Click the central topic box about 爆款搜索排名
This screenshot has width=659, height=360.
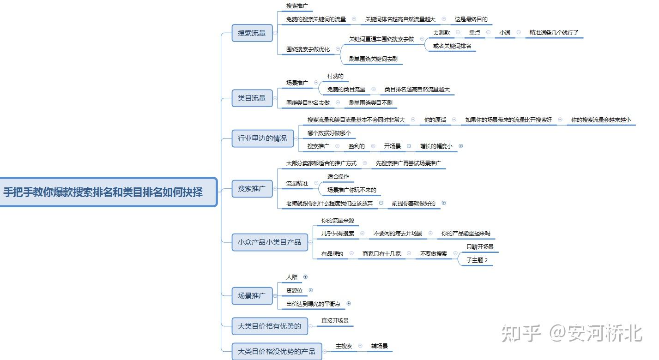tap(103, 192)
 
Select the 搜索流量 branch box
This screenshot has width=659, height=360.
tap(252, 33)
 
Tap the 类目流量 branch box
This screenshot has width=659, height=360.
tap(252, 98)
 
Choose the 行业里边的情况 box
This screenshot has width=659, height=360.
tap(262, 138)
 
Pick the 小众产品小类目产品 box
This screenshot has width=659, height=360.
tap(269, 242)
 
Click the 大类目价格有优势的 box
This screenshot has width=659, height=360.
tap(269, 326)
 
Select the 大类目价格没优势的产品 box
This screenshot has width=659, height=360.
tap(276, 352)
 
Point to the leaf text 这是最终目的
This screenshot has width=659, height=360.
tap(471, 19)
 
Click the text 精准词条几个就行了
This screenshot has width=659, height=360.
tap(554, 33)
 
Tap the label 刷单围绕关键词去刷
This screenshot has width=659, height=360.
tap(373, 59)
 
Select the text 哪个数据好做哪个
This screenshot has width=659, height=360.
tap(329, 133)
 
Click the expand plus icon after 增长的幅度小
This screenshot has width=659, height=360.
tap(461, 146)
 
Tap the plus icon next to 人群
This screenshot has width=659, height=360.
tap(305, 277)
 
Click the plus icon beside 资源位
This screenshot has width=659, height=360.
tap(311, 290)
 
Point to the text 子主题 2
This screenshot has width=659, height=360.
tap(477, 260)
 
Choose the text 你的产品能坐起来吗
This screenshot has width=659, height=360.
tap(466, 234)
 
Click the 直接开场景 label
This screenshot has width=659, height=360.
tap(335, 320)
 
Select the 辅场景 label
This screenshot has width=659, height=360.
tap(379, 346)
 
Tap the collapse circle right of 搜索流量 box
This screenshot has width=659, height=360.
tap(275, 33)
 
